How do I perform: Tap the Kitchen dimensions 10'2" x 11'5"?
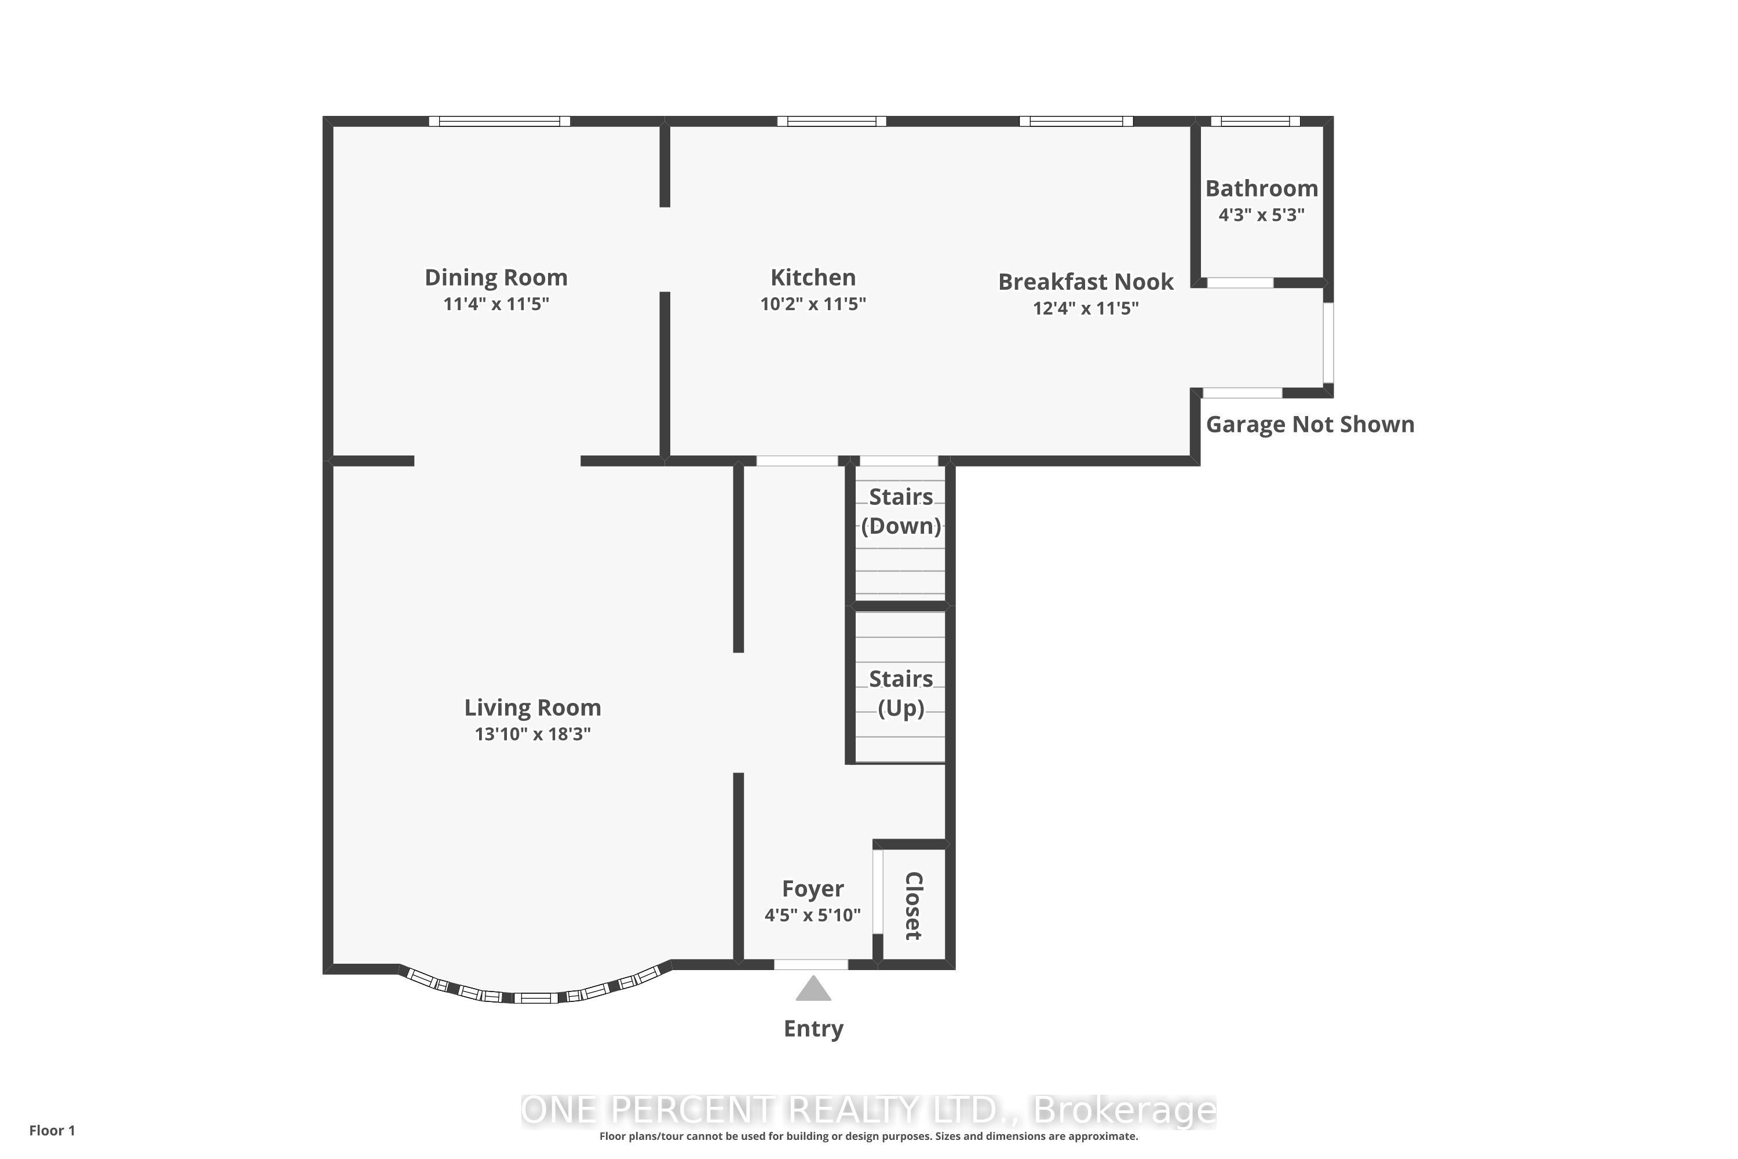[813, 304]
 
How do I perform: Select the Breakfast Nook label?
[1086, 282]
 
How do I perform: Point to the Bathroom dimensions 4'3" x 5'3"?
[1261, 215]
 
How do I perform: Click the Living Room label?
[532, 708]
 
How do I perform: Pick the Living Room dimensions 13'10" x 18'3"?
[532, 734]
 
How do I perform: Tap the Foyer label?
[813, 888]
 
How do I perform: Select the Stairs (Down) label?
[901, 511]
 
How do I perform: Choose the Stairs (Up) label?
[901, 693]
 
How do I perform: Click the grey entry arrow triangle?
[813, 990]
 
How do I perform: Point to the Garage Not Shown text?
[1310, 424]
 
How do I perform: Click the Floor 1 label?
[52, 1130]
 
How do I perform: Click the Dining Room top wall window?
[499, 121]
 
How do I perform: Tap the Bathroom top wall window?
[1255, 121]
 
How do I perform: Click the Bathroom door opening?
[1240, 282]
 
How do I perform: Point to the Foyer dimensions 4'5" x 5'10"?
[813, 915]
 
